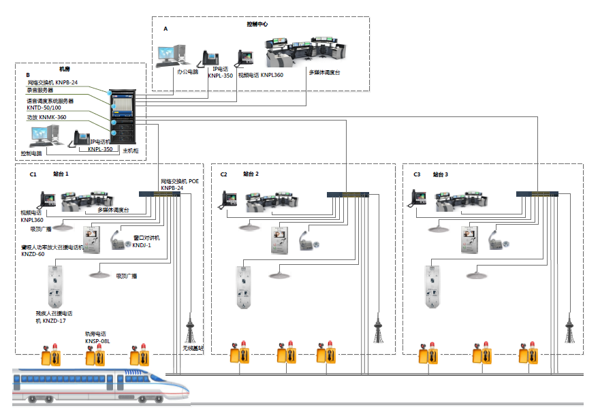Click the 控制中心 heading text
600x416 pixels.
257,24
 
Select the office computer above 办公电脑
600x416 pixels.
170,54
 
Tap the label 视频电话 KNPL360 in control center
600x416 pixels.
260,76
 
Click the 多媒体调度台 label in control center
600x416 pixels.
325,71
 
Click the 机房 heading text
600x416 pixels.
65,69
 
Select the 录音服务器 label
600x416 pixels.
40,90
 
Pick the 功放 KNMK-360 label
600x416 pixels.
47,118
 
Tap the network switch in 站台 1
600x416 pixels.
166,193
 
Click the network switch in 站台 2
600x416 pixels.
347,194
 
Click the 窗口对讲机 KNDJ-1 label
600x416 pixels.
146,241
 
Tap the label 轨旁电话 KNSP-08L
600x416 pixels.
96,337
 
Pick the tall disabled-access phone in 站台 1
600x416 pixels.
54,286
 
